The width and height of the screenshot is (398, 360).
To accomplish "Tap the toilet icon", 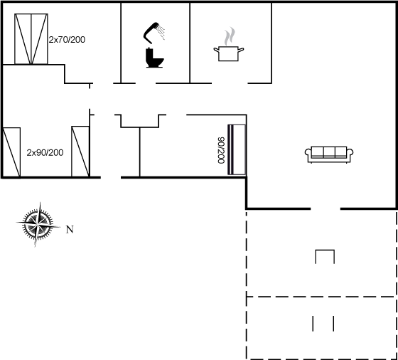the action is click(154, 58).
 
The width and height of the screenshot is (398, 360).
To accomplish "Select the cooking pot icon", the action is click(228, 53).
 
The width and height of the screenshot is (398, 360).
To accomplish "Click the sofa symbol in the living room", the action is click(329, 154).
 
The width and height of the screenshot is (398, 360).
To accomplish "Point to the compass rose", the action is click(38, 225).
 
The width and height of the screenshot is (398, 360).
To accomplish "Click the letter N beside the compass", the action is click(70, 230).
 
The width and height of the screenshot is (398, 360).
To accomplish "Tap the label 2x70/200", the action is click(67, 40).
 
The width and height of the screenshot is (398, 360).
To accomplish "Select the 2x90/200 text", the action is click(45, 152).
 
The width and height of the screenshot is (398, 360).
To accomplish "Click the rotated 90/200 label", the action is click(221, 150).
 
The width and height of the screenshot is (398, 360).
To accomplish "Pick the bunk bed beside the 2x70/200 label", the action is click(31, 39).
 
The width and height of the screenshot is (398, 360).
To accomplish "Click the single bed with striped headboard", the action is click(237, 149).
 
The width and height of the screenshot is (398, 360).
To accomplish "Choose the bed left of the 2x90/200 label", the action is click(11, 152).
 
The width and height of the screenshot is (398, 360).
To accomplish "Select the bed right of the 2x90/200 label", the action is click(80, 152).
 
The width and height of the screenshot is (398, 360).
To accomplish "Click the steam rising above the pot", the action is click(230, 36).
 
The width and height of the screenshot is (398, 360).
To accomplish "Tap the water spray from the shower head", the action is click(161, 32).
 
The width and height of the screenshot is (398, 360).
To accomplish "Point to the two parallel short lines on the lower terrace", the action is click(323, 324).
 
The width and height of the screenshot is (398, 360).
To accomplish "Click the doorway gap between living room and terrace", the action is click(326, 209).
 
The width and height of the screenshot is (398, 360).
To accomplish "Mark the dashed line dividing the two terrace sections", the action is click(321, 297).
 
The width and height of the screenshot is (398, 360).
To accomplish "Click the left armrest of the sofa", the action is click(308, 153).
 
